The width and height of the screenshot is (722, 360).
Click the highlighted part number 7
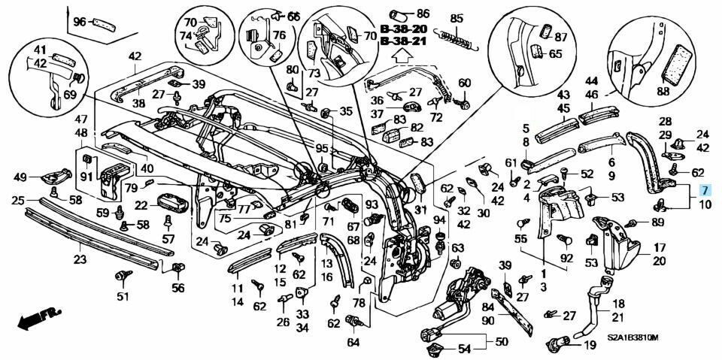pos(704,190)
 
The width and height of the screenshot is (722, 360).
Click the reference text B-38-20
pos(402,29)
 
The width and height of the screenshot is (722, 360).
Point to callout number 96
pos(80,22)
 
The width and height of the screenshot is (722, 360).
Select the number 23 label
pos(80,259)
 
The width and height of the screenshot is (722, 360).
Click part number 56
pos(177,287)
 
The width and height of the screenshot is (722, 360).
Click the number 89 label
pos(657,222)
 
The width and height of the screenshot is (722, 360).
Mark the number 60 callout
pos(464,83)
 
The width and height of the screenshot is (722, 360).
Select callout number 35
pos(345,111)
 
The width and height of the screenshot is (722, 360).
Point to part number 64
pos(353,342)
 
